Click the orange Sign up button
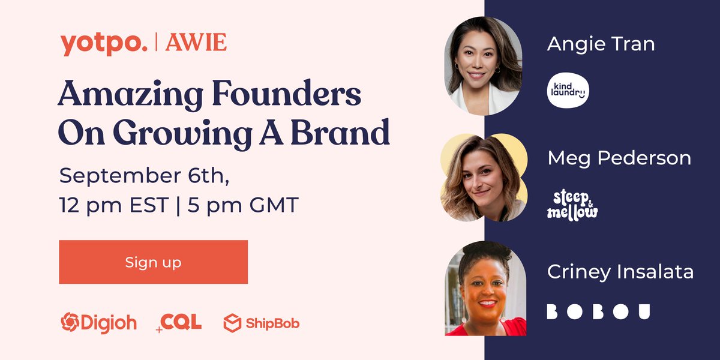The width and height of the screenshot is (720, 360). [153, 262]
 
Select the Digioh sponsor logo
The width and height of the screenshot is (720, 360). [98, 323]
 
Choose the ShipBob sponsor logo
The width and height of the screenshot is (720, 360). [261, 323]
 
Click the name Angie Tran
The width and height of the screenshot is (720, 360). [601, 44]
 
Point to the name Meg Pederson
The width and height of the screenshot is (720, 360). [619, 158]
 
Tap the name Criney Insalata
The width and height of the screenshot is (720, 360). [620, 272]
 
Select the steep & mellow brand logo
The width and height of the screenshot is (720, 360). [572, 205]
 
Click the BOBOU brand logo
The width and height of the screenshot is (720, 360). [598, 312]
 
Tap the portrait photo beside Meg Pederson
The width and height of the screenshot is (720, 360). [483, 178]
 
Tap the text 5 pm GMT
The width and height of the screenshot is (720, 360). [243, 206]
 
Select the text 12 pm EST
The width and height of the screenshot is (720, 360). [117, 206]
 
